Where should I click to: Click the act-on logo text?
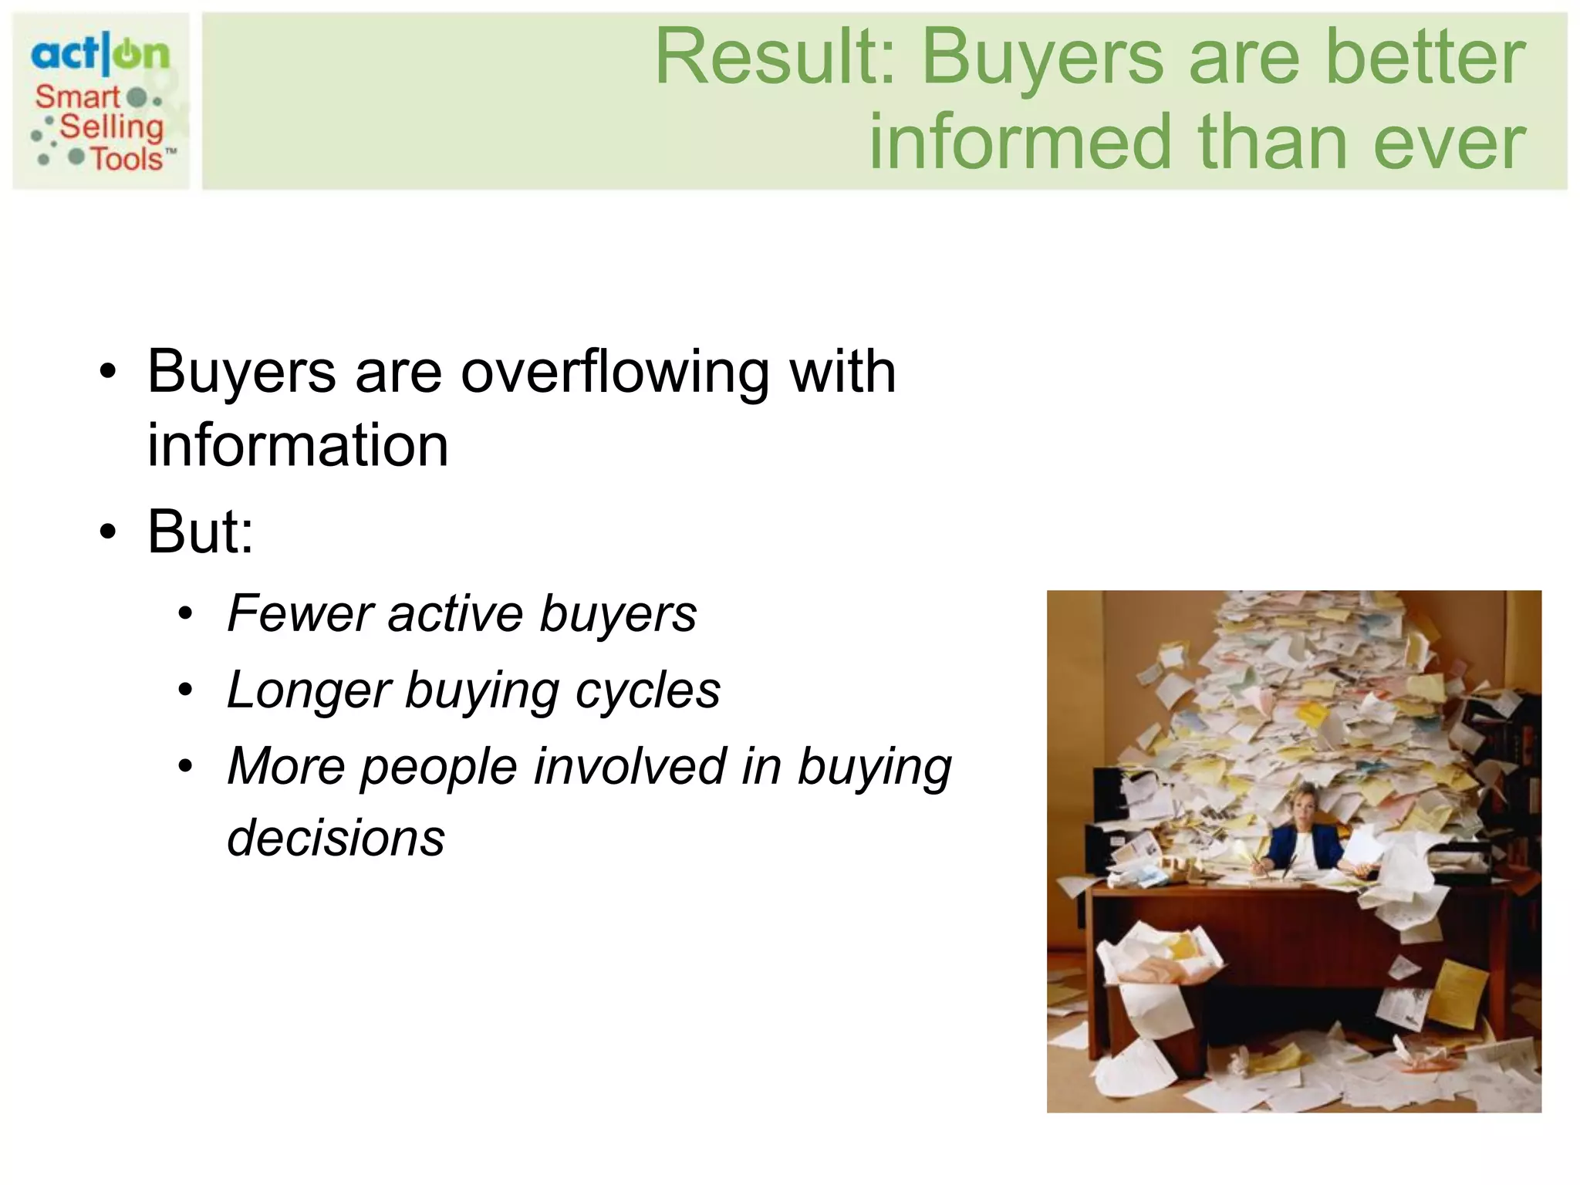(100, 54)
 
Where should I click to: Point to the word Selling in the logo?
(112, 127)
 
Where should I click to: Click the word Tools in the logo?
(127, 159)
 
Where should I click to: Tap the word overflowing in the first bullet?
(615, 373)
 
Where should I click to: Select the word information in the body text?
(298, 446)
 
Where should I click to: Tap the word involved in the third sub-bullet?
(630, 767)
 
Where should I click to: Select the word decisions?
(336, 839)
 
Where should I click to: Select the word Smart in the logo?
(77, 97)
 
